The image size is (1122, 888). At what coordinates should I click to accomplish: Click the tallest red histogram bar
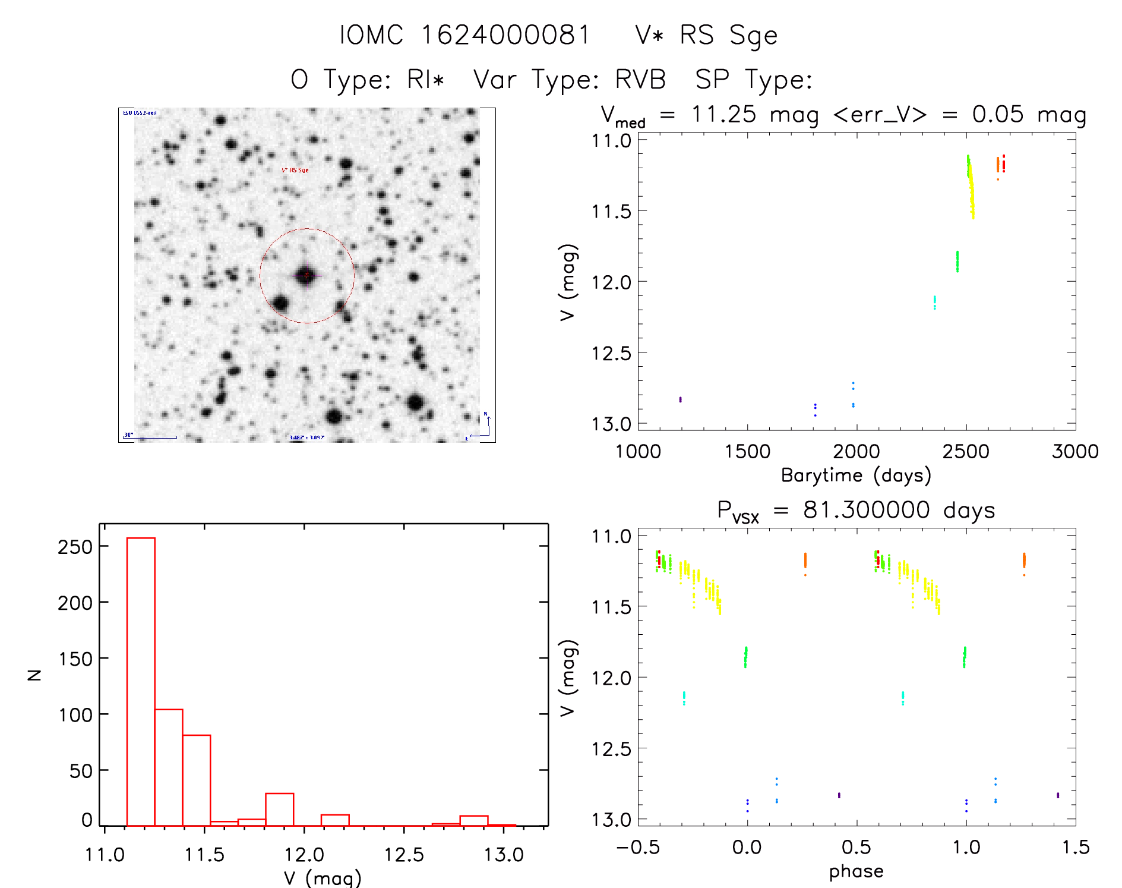pos(141,681)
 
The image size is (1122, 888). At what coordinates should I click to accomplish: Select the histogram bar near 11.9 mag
pos(279,809)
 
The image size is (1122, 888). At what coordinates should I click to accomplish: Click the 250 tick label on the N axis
pos(75,547)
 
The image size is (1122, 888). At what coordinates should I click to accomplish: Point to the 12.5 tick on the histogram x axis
pos(404,854)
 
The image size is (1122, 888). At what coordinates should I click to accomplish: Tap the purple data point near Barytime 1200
pos(680,399)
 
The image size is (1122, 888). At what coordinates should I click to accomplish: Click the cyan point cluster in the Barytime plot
pos(934,303)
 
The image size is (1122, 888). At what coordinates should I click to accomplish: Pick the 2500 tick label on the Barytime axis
pos(966,452)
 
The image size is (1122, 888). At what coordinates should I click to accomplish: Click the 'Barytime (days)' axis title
pos(856,476)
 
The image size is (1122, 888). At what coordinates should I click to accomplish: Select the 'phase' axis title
pos(856,871)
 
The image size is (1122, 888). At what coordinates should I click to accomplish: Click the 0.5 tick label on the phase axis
pos(856,847)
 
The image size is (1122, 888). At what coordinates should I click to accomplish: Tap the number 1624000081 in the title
pos(505,35)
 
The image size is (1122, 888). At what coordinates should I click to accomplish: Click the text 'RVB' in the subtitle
pos(640,80)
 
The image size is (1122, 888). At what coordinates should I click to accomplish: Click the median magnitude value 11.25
pos(723,114)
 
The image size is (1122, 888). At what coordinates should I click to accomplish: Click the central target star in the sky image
pos(306,275)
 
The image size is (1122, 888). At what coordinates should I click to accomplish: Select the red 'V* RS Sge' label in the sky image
pos(295,171)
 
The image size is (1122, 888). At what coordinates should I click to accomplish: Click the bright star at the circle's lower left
pos(280,304)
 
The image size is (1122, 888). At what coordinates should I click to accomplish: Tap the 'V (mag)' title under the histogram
pos(323,878)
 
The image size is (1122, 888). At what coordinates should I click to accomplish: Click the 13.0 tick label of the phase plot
pos(611,820)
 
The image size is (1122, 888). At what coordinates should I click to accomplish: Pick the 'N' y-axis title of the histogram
pos(35,675)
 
